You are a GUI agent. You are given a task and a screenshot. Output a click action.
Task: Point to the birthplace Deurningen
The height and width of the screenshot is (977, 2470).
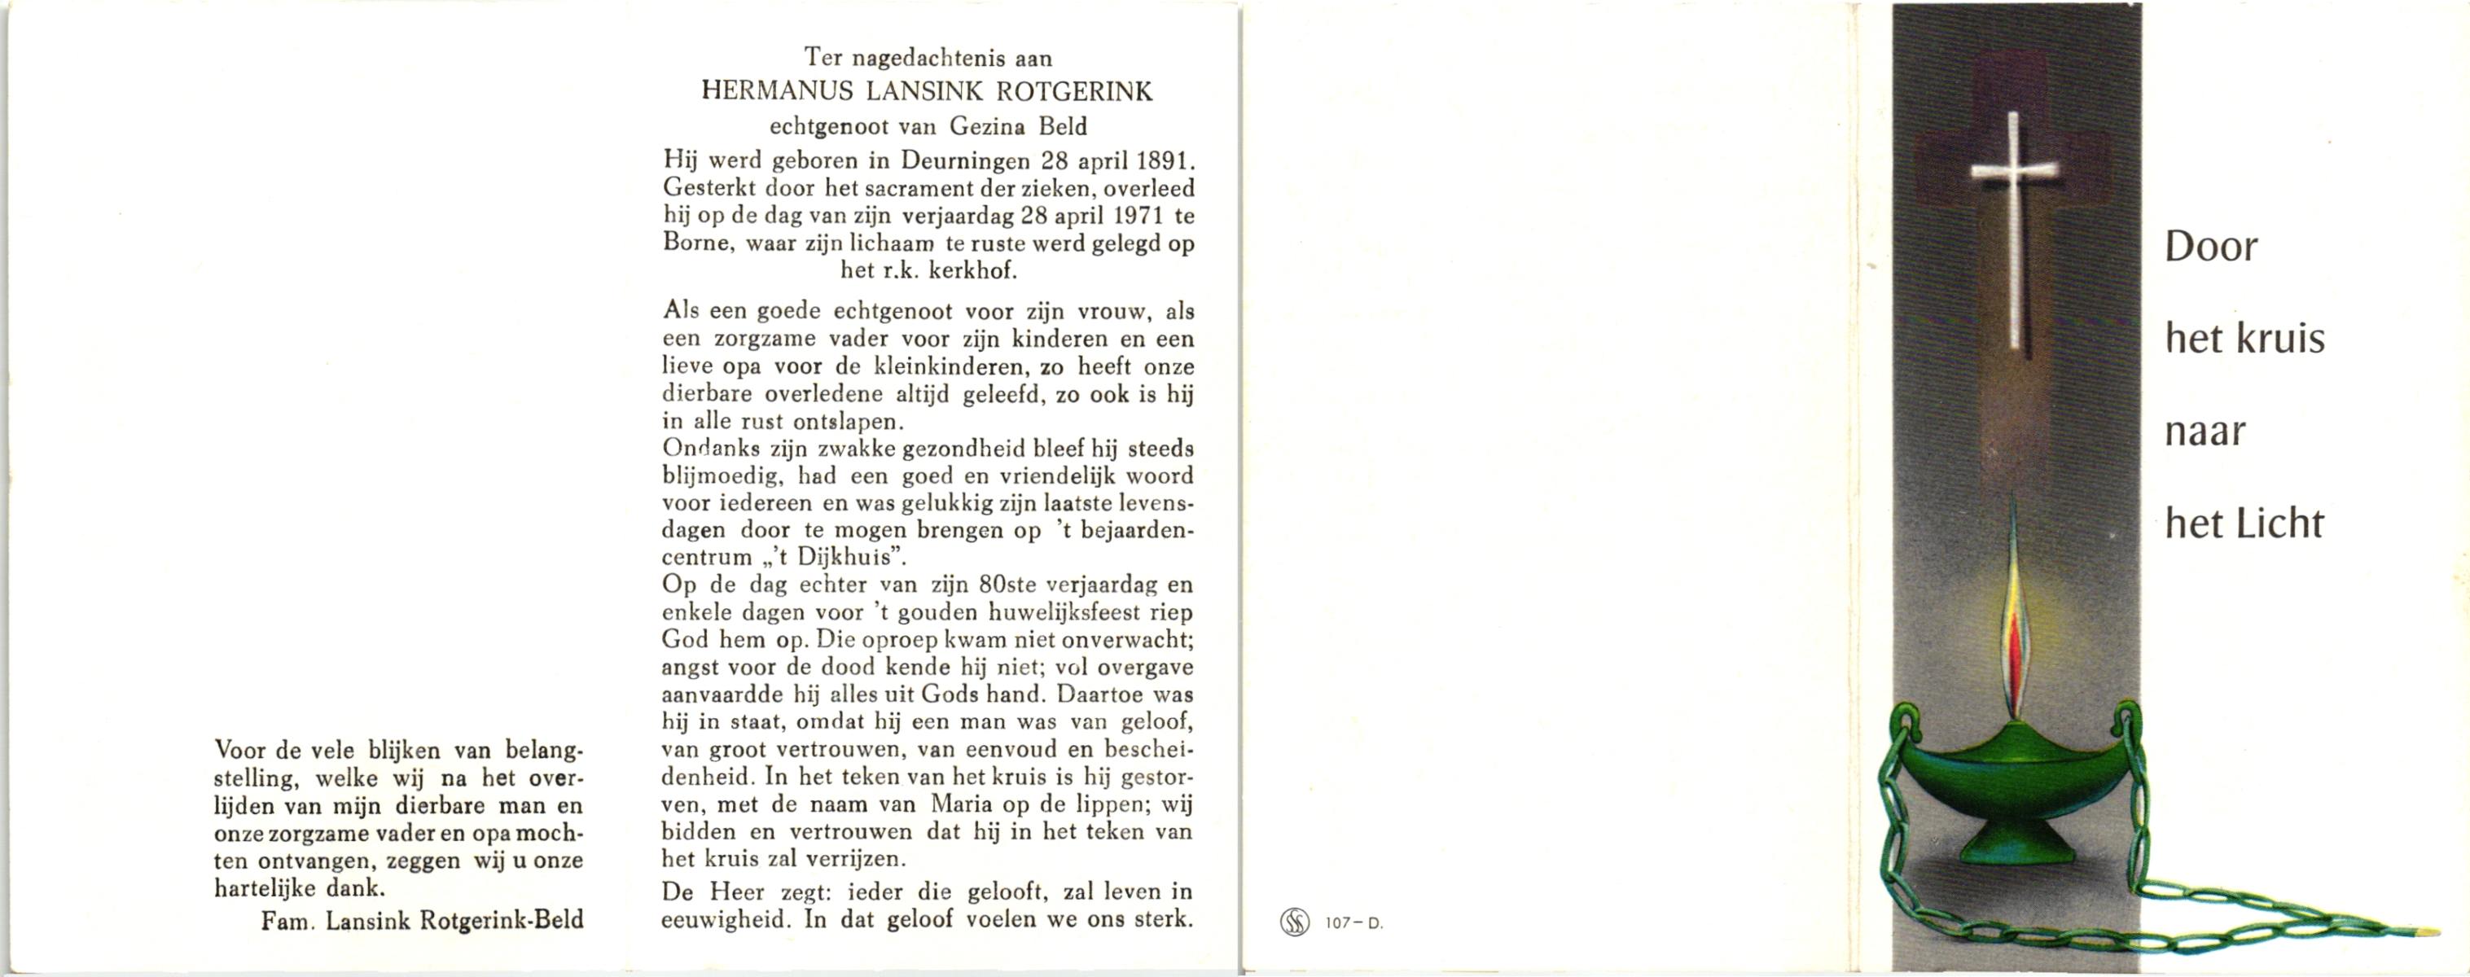(967, 161)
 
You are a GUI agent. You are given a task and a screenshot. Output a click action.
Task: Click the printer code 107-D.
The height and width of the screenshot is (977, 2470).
(1353, 923)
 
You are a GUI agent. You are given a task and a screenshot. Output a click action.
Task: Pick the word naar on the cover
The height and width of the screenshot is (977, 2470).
(2205, 432)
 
